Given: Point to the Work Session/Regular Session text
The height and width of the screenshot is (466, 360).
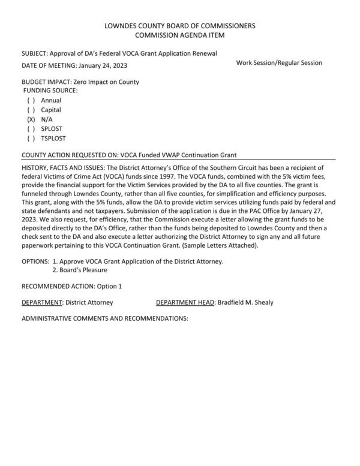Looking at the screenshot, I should pyautogui.click(x=279, y=63).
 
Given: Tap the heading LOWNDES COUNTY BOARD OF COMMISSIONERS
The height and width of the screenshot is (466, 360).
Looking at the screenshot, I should pyautogui.click(x=180, y=26).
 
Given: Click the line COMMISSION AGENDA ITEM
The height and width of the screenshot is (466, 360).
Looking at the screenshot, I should pyautogui.click(x=180, y=35).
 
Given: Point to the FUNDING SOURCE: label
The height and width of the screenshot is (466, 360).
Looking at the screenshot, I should pyautogui.click(x=50, y=90).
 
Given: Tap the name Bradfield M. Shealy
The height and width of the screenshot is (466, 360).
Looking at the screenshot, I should pyautogui.click(x=245, y=302).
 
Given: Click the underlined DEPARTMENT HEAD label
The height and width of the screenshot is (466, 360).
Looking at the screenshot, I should pyautogui.click(x=185, y=302).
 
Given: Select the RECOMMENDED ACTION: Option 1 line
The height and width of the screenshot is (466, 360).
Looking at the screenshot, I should pyautogui.click(x=71, y=287).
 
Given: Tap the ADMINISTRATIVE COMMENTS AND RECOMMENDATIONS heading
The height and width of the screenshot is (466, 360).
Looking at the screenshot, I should pyautogui.click(x=105, y=318).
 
